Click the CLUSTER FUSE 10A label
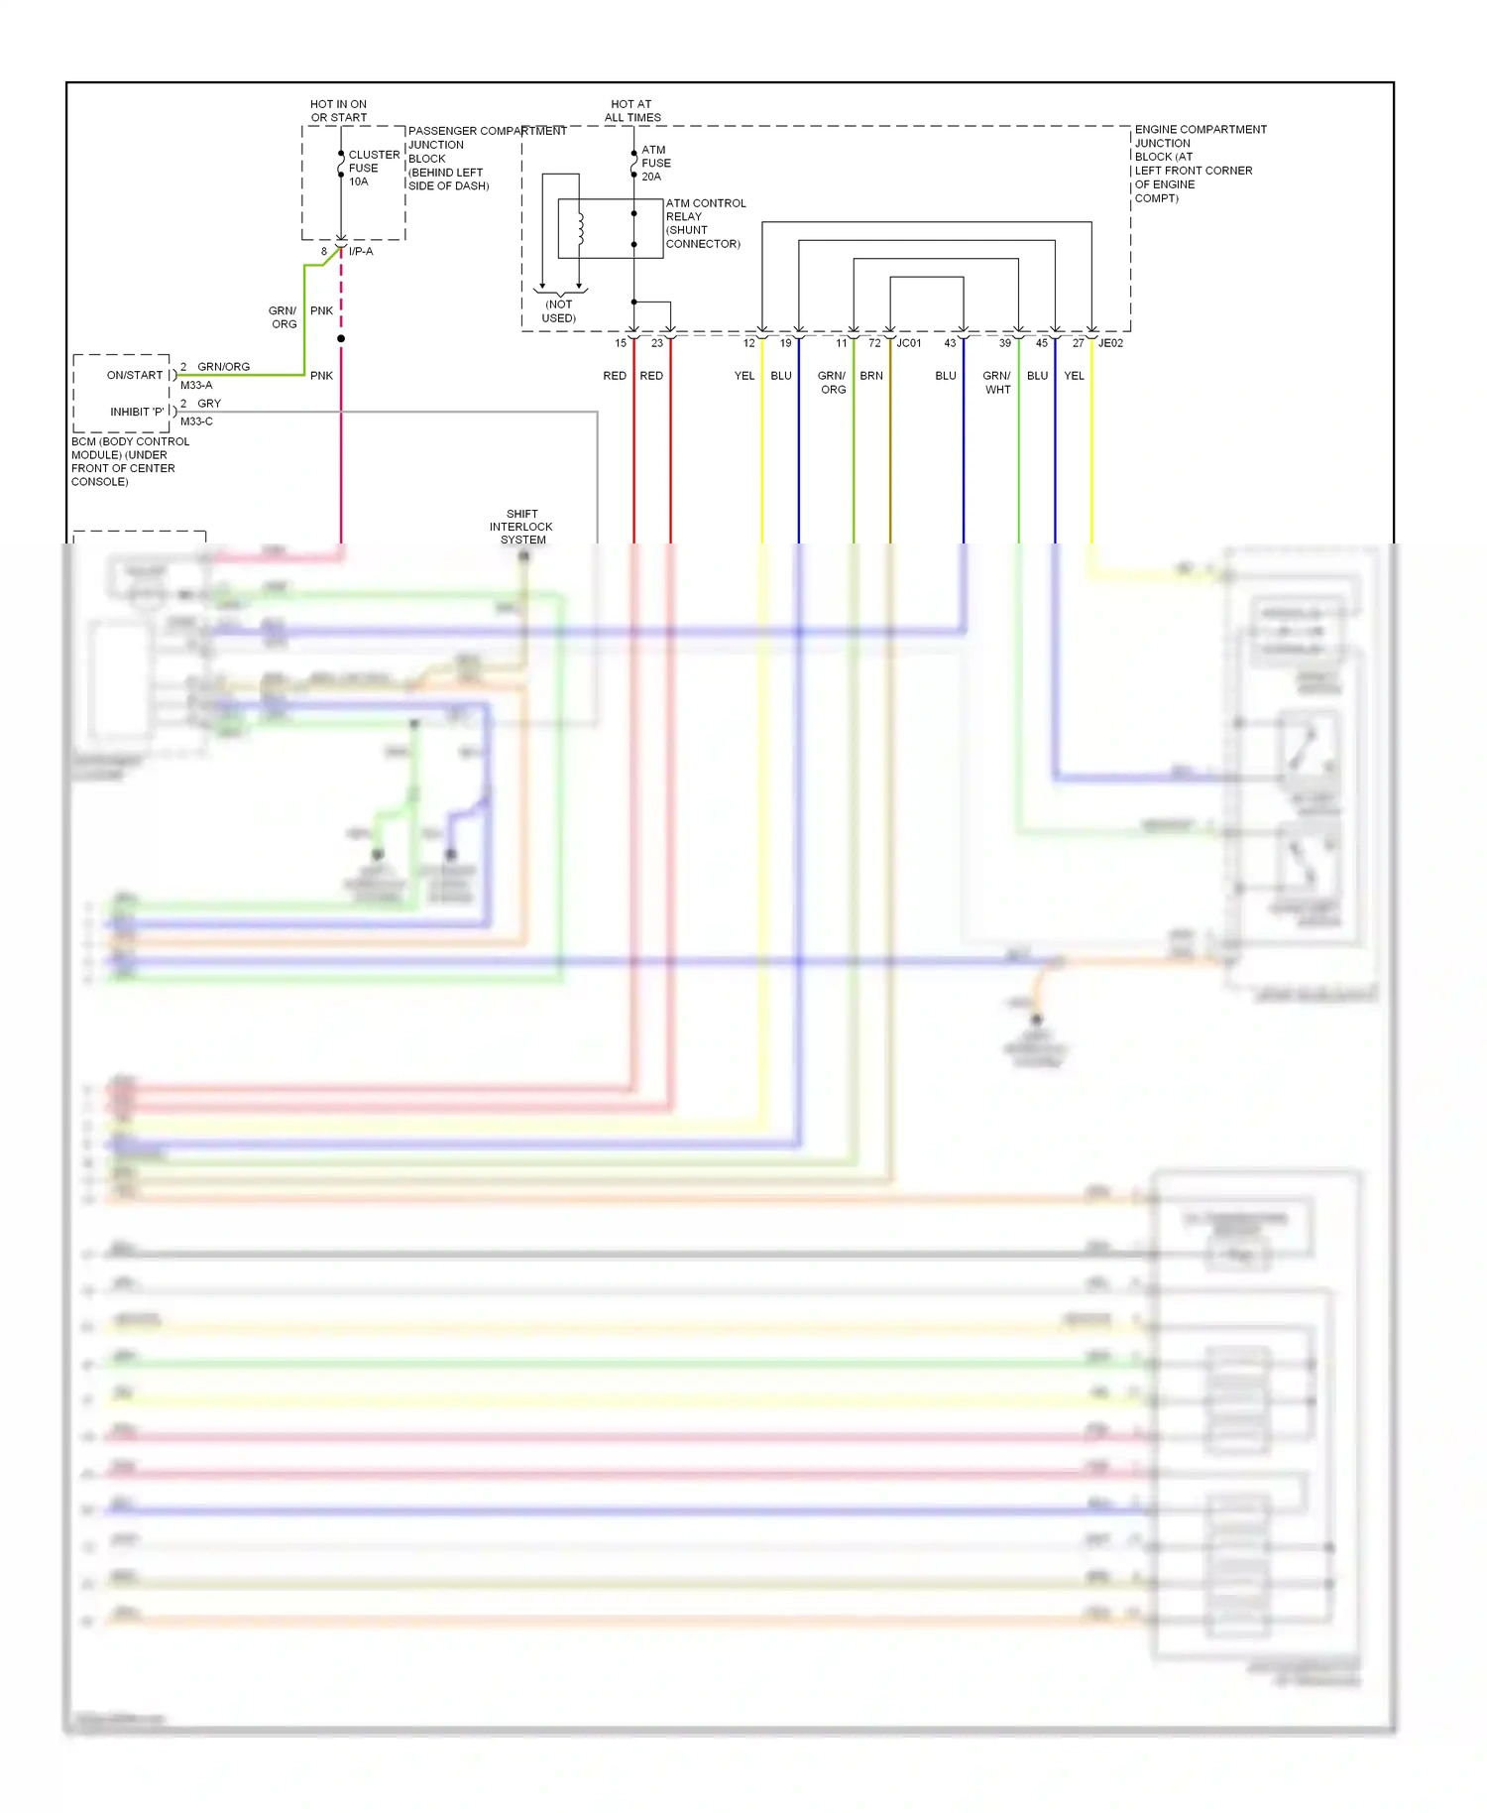point(373,168)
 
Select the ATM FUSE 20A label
point(655,163)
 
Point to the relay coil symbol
point(581,229)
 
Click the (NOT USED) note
point(559,310)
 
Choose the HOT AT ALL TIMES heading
point(632,110)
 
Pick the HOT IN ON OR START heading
point(338,110)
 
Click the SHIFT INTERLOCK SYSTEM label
point(521,527)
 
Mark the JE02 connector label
point(1110,343)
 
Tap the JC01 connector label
point(909,343)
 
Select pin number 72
point(874,343)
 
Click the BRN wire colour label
point(871,376)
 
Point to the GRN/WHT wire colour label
point(997,382)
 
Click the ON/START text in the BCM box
point(135,375)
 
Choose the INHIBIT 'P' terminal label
point(138,412)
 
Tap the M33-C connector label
point(196,422)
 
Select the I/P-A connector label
point(361,251)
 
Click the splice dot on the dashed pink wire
point(341,338)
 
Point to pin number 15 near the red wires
point(621,343)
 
